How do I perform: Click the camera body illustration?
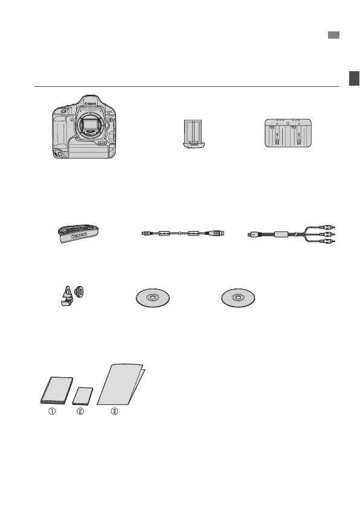tap(83, 128)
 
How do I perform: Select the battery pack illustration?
tap(192, 134)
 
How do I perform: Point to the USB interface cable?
tap(182, 232)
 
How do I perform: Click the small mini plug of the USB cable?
tap(144, 232)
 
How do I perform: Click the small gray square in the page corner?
tap(333, 36)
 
